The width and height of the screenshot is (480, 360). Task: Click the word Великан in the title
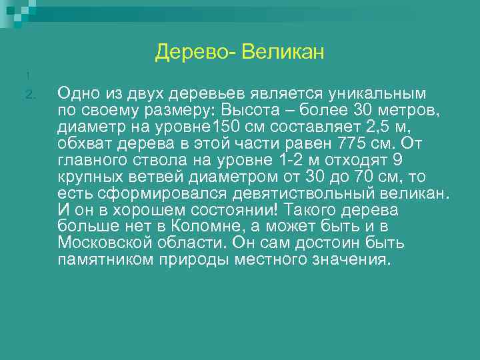click(283, 51)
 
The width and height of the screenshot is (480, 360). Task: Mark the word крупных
click(88, 177)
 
